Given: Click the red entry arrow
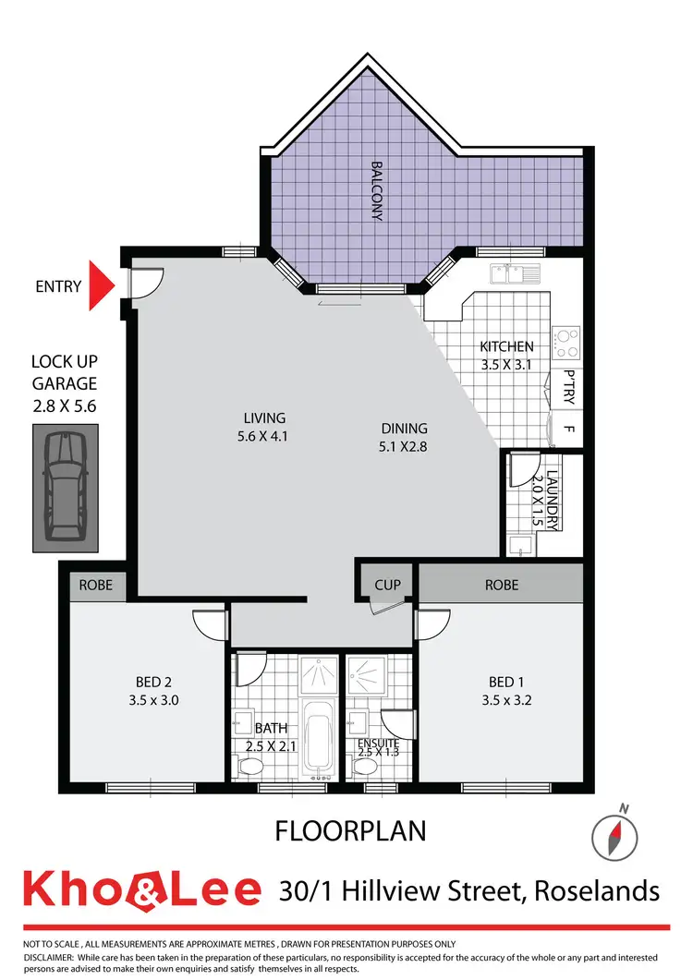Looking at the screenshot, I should pos(99,285).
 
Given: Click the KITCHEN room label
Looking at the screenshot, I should pos(506,347).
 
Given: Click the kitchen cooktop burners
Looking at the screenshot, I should pos(566,342).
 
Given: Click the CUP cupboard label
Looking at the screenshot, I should pos(387,585).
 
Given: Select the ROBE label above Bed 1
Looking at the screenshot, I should pos(501,585).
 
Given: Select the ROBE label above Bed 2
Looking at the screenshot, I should pos(95,585).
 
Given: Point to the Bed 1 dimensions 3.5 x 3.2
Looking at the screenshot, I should pos(505,699).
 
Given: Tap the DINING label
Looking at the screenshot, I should pos(404,428).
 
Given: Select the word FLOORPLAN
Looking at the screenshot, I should pos(350,831).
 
